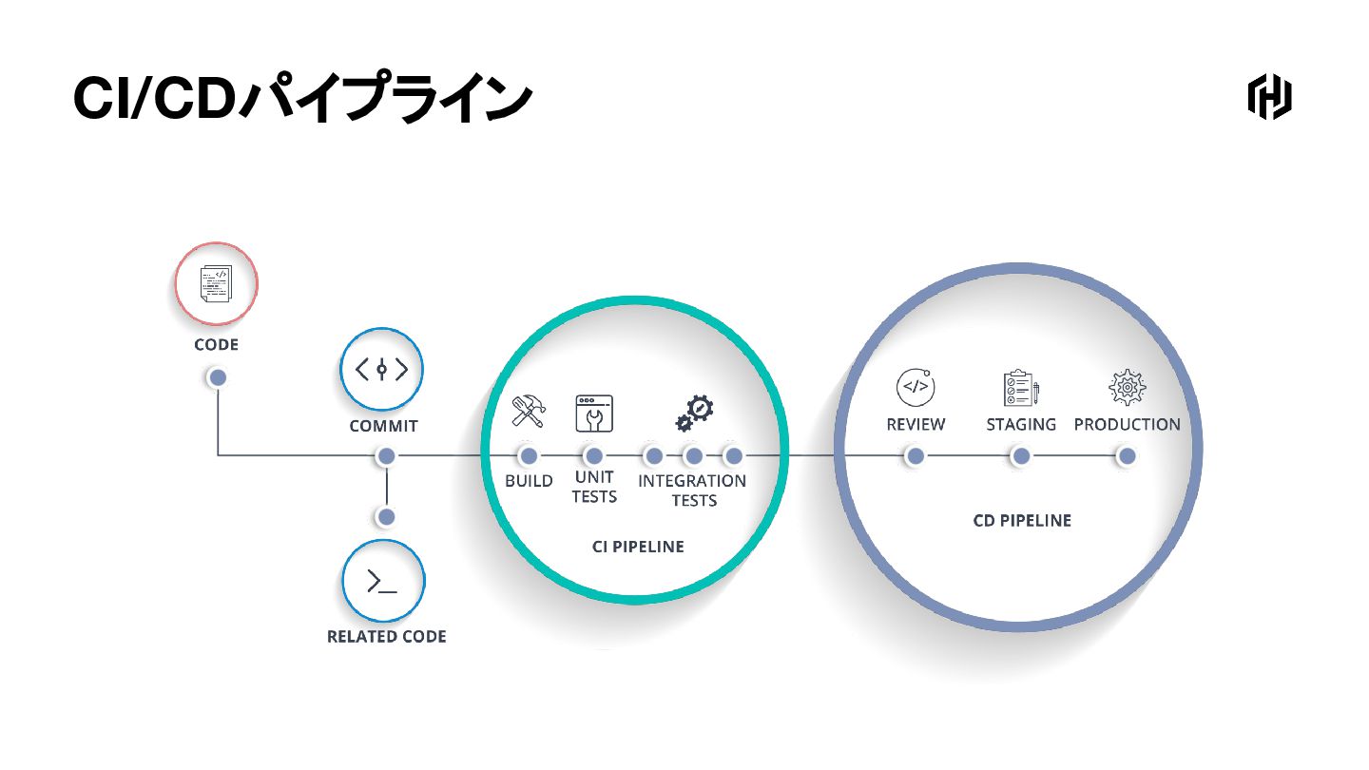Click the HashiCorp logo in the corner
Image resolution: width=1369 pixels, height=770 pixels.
pyautogui.click(x=1269, y=96)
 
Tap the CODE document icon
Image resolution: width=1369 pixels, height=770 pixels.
pyautogui.click(x=216, y=283)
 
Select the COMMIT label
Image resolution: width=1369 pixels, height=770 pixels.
pyautogui.click(x=383, y=426)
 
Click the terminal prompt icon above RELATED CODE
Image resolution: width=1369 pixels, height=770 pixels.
pyautogui.click(x=382, y=580)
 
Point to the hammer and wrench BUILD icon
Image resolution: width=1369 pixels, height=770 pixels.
pyautogui.click(x=529, y=412)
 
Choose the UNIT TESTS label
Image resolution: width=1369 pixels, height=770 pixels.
pyautogui.click(x=594, y=487)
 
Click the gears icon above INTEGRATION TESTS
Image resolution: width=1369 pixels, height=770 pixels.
pyautogui.click(x=695, y=413)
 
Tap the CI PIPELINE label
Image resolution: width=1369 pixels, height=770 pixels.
pyautogui.click(x=638, y=547)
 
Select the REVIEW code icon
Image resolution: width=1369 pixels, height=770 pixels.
pyautogui.click(x=916, y=387)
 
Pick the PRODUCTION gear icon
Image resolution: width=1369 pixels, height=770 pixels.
pyautogui.click(x=1128, y=387)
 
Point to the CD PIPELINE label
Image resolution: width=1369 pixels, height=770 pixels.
pyautogui.click(x=1022, y=520)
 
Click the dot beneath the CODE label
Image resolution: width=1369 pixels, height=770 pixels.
pyautogui.click(x=218, y=377)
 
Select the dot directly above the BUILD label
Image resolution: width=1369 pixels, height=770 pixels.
pyautogui.click(x=529, y=456)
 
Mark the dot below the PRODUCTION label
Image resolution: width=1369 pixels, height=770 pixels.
pyautogui.click(x=1127, y=456)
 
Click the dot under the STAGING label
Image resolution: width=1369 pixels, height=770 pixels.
pyautogui.click(x=1021, y=456)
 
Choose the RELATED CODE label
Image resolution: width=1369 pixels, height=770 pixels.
pyautogui.click(x=387, y=637)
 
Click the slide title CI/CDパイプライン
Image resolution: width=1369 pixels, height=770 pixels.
pyautogui.click(x=301, y=99)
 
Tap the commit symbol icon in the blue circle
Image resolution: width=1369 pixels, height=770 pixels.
pyautogui.click(x=381, y=369)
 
